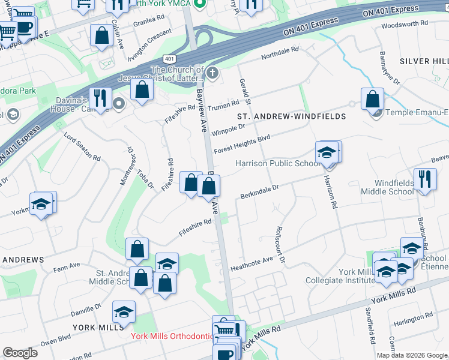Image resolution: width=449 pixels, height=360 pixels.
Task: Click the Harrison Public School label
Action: point(277,163)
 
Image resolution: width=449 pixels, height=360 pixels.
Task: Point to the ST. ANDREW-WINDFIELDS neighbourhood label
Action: point(292,116)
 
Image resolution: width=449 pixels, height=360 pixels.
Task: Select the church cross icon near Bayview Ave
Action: point(212,74)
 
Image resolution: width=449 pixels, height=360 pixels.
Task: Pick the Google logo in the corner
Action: point(20,353)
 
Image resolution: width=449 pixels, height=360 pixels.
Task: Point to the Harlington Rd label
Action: point(413,322)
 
